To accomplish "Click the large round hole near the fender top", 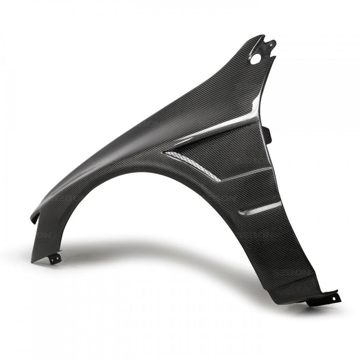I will pos(255,58).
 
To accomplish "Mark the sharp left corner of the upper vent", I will pos(164,152).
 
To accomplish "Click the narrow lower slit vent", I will pos(253,208).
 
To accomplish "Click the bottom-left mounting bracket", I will pos(55,259).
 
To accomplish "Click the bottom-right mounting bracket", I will pos(324,299).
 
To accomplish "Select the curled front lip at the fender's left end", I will pos(35,216).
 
